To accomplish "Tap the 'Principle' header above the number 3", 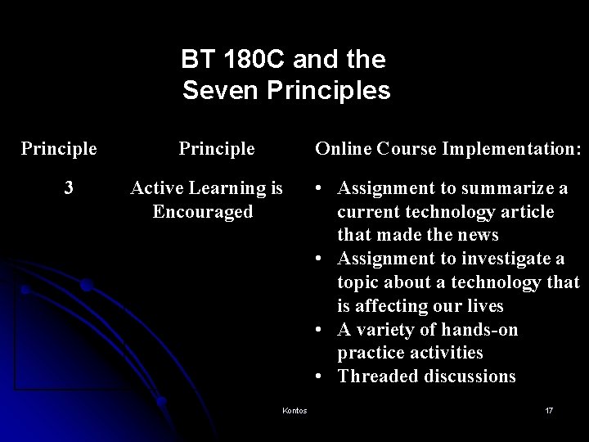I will (59, 150).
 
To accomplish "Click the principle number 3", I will (69, 188).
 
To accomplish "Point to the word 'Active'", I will (157, 188).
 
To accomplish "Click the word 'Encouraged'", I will (203, 211).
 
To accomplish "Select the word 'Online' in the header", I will (343, 150).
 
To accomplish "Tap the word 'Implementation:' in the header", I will (519, 150).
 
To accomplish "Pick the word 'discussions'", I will (469, 377).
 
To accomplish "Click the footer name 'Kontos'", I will (293, 410).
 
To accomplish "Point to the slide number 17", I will (549, 410).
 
